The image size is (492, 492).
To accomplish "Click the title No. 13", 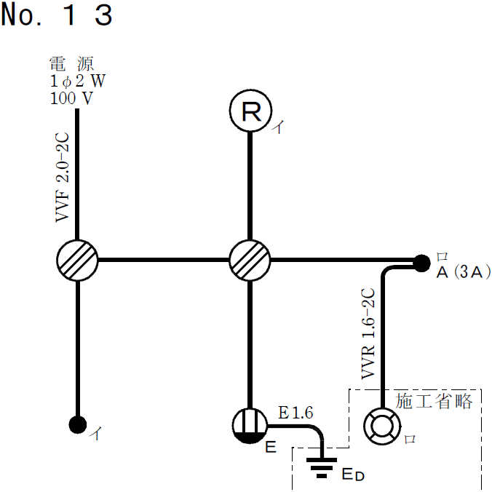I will point(57,15).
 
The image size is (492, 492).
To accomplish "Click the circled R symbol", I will point(250,111).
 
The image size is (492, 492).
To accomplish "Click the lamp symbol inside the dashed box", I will point(381,426).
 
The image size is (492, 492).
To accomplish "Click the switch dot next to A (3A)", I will point(420,261).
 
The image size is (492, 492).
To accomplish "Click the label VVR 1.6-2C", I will point(369,334).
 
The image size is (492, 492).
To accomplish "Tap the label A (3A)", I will point(463,273).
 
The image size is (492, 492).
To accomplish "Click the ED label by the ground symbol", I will point(353,476).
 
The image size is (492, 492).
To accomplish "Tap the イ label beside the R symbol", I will point(278,128).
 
